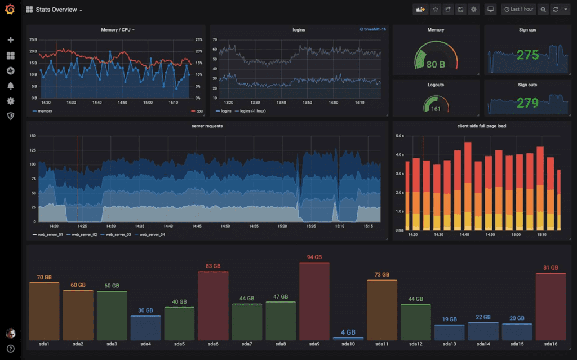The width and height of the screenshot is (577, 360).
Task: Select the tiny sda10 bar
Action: pos(348,338)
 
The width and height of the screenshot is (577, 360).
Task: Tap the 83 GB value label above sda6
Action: pos(213,266)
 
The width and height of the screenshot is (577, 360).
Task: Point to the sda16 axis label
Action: pos(551,344)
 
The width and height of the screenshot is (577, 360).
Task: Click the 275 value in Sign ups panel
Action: pos(527,55)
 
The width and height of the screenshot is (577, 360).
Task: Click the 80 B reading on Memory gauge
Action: pos(436,64)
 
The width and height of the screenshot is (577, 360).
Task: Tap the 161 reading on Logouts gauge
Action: pos(436,109)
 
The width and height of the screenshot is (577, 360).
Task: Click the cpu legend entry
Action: pos(197,111)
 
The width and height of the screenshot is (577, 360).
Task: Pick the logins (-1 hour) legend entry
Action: pos(252,111)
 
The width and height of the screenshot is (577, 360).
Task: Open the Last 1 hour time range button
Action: pos(518,10)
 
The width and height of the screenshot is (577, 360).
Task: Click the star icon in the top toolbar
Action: pos(436,10)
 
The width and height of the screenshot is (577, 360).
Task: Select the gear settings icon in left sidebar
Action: pos(10,101)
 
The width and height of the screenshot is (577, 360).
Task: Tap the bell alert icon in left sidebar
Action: pos(10,86)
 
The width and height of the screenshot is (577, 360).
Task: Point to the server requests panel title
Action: pos(207,126)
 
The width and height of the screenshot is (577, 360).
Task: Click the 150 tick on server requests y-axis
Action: pos(33,136)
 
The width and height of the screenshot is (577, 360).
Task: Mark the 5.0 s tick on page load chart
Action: pos(400,136)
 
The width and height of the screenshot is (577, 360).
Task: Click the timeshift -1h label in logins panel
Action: pos(372,29)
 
